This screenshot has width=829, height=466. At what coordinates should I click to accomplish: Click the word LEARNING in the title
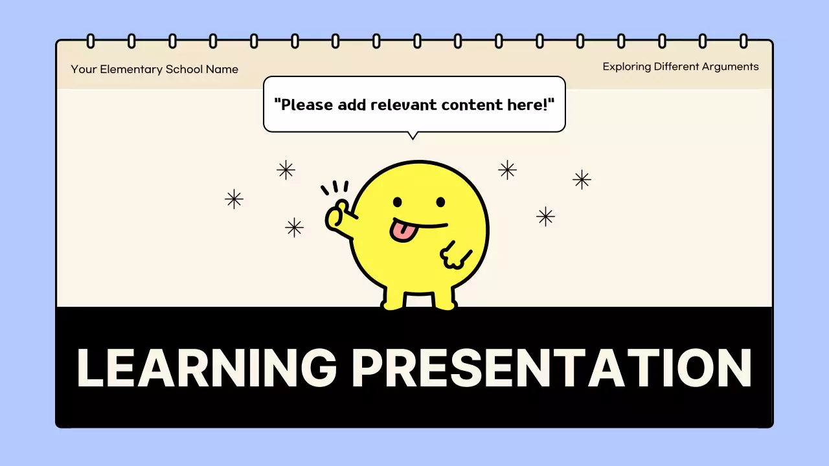coord(207,368)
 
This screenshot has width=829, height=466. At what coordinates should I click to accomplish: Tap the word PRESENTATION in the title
coord(551,368)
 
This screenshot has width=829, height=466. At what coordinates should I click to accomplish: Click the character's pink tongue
coord(402,230)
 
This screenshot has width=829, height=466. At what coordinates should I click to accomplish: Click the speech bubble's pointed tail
coord(412,135)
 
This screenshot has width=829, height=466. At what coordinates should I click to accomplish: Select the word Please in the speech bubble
coord(304,104)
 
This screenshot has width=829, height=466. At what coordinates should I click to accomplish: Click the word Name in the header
coord(222,69)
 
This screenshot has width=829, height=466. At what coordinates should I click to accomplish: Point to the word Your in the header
coord(84,69)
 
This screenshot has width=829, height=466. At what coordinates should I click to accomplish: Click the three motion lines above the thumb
coord(335,188)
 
